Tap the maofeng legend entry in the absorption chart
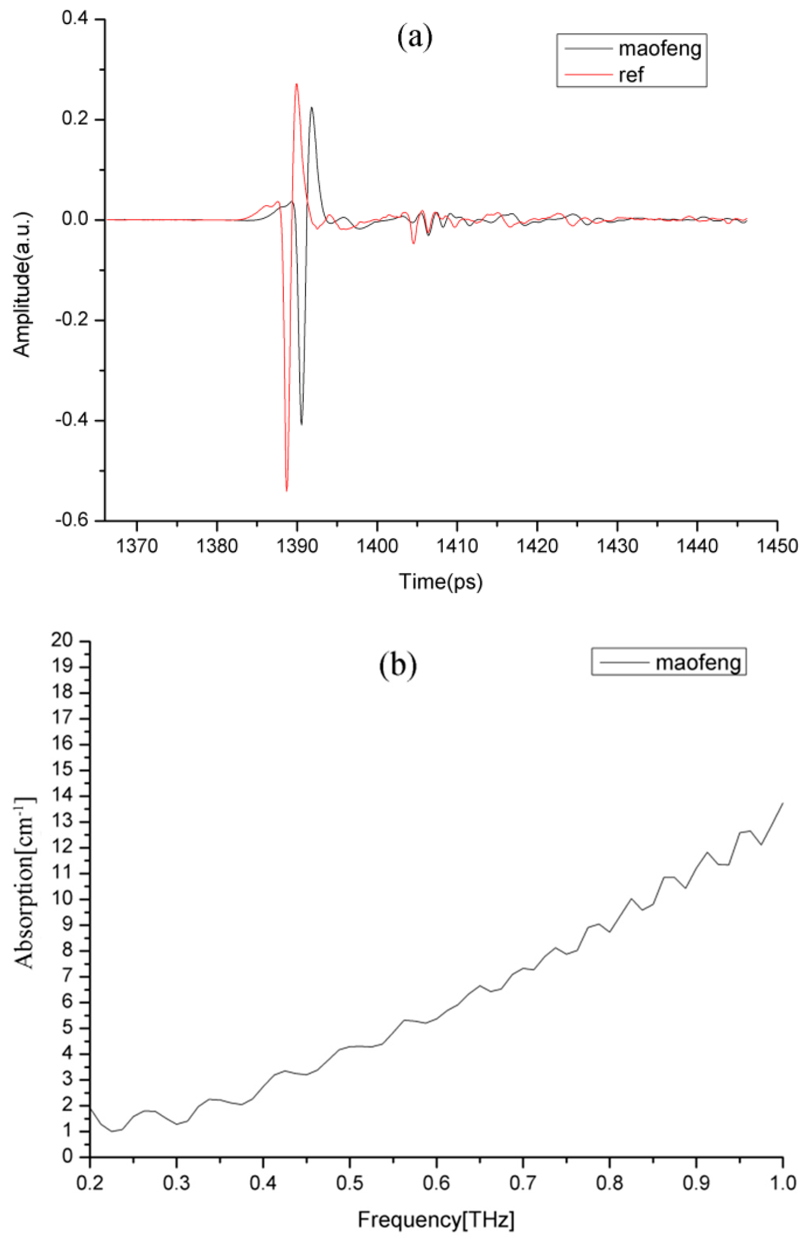698,662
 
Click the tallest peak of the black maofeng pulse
312,108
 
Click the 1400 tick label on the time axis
377,546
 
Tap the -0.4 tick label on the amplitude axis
74,421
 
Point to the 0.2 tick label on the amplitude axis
77,120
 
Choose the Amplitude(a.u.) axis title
23,284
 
